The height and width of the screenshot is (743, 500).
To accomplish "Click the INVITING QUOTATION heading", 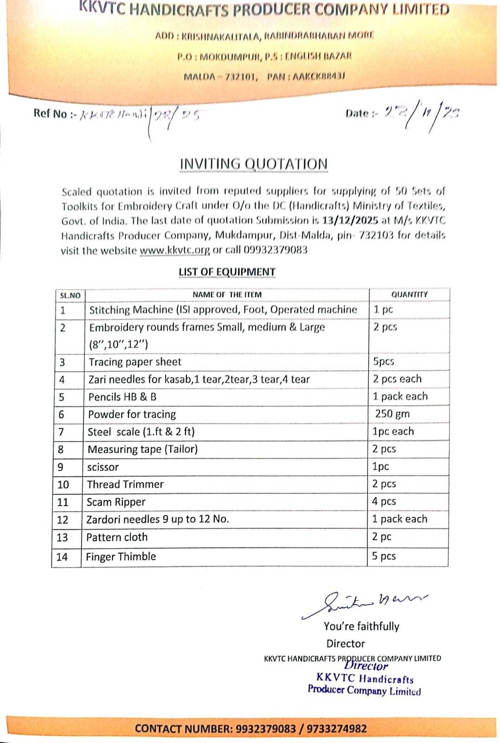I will pos(253,164).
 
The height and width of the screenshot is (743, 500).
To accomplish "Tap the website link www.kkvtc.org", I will pos(175,250).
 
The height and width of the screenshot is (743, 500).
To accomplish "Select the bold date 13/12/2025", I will pos(350,220).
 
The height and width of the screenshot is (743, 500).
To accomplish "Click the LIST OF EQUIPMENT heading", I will pos(227,272).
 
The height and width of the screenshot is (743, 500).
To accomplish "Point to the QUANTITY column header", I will pos(409,294).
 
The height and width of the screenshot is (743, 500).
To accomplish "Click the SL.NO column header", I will pos(70,295).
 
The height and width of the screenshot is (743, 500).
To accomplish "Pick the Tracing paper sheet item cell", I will pos(135,362).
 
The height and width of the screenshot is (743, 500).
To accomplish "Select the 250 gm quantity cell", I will pos(392,414).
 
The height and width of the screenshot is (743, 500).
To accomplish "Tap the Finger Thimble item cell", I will pos(121,556).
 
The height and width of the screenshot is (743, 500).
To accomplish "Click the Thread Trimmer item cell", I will pos(125,484).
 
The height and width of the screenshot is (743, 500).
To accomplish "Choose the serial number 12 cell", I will pos(63,520).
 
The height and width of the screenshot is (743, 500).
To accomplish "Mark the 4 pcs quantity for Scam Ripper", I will pos(384,502).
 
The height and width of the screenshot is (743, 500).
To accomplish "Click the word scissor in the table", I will pos(103,467).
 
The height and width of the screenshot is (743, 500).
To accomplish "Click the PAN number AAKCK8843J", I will pos(319,77).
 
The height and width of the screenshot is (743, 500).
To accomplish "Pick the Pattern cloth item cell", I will pos(117,537).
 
